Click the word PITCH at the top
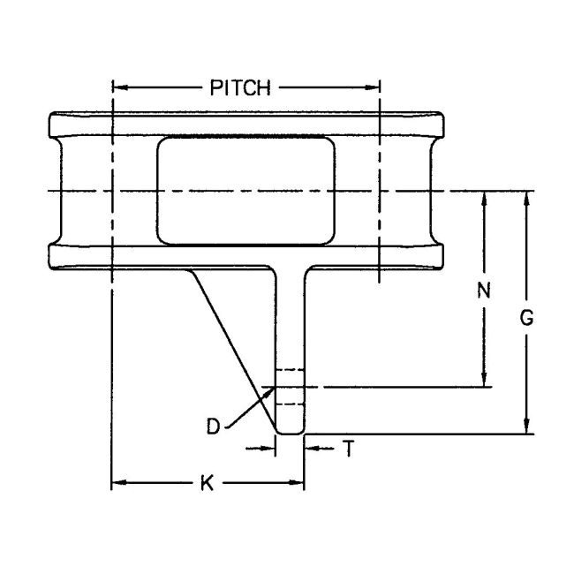pos(239,87)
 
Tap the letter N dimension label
pos(483,290)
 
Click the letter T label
pos(348,449)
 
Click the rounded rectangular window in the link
pos(246,190)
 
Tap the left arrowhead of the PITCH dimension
pos(120,87)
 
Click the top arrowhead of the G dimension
pos(527,197)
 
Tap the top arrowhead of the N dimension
pos(484,197)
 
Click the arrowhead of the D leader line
pos(268,389)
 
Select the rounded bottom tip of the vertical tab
pos(290,430)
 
